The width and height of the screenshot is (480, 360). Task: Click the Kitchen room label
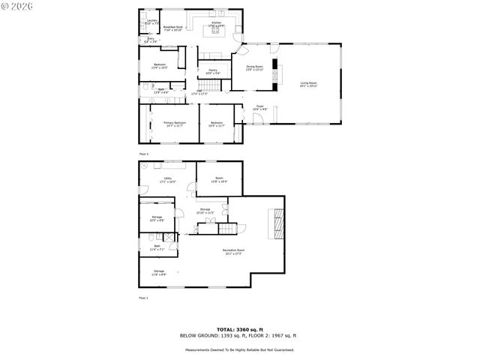216,25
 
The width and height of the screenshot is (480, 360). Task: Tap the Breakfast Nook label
174,28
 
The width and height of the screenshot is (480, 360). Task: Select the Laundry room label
151,22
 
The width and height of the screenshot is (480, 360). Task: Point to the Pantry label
213,71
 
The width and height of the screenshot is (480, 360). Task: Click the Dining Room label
254,67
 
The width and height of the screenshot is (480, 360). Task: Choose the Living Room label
308,84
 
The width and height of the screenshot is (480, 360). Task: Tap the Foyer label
259,107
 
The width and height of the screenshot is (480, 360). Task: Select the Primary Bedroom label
175,124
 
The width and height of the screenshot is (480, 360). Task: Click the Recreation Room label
232,251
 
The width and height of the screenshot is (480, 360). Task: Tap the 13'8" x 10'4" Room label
218,180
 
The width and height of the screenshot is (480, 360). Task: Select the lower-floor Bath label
157,247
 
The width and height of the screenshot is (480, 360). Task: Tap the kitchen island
216,31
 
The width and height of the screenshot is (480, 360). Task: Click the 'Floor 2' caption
143,154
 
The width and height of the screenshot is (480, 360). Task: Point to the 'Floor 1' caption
143,298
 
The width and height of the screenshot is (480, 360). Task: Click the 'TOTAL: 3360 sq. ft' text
240,329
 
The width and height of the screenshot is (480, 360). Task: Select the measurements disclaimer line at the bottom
240,349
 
